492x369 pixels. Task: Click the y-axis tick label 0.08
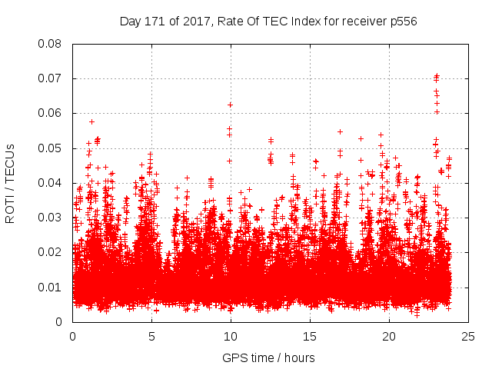click(52, 44)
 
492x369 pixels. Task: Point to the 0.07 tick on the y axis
click(52, 78)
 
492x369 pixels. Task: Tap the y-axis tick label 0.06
click(52, 113)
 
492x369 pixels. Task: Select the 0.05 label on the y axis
click(52, 148)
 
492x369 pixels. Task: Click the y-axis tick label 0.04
click(52, 183)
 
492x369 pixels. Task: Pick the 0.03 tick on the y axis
click(52, 218)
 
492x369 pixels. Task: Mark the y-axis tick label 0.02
click(52, 252)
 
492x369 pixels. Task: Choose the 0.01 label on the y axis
click(52, 288)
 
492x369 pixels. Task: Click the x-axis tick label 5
click(151, 337)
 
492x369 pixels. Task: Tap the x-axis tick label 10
click(231, 337)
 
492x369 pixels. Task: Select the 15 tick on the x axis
click(310, 337)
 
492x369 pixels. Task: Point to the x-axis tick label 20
click(389, 337)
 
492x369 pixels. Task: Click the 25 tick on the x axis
click(468, 337)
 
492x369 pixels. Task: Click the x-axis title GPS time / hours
click(268, 357)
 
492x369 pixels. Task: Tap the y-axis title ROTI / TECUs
click(11, 182)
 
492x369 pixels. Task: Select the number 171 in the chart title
click(155, 21)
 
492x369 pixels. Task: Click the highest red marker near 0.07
click(437, 75)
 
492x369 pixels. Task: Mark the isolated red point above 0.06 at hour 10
click(230, 105)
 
